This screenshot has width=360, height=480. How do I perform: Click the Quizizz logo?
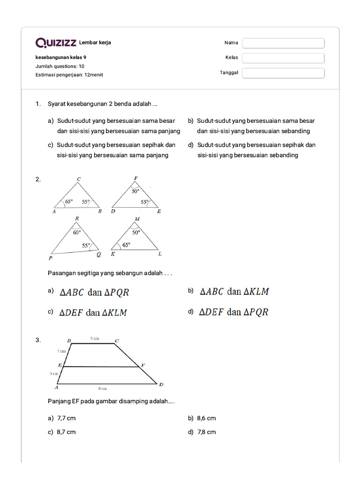coord(56,43)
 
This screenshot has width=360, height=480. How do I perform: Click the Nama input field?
coord(283,43)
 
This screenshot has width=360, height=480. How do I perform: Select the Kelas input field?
coord(283,58)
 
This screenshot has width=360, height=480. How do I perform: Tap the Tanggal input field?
coord(283,73)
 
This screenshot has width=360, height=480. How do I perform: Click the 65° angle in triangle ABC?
coord(69,202)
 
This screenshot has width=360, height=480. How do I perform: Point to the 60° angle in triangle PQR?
coord(77,232)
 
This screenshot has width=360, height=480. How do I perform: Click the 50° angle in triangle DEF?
coord(135,191)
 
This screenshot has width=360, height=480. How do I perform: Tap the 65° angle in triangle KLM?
coord(126,245)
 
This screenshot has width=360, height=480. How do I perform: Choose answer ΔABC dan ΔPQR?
coord(94,292)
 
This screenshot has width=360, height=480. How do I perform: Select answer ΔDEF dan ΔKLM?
coord(93,313)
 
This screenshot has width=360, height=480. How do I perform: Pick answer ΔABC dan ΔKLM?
coord(234,292)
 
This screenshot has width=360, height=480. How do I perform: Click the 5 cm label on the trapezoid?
coord(95,338)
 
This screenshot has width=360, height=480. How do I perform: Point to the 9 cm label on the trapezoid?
coord(102,388)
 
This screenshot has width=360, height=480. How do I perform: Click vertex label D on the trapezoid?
coord(161,385)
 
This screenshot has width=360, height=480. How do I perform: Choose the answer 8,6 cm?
coord(206,418)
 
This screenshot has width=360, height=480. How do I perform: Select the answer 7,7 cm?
coord(66,418)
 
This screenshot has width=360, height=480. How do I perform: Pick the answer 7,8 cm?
coord(206,432)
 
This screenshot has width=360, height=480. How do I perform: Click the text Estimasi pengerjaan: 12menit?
coord(69,75)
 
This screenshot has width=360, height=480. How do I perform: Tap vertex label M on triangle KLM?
coord(137,219)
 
